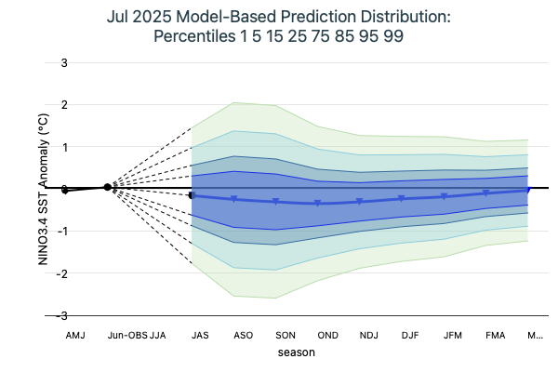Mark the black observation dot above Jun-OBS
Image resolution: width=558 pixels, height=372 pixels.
pos(108,187)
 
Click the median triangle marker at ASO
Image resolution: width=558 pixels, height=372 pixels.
pos(234,199)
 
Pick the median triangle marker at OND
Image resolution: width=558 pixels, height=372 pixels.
pos(318,203)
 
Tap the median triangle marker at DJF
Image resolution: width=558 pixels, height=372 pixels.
pos(402,198)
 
